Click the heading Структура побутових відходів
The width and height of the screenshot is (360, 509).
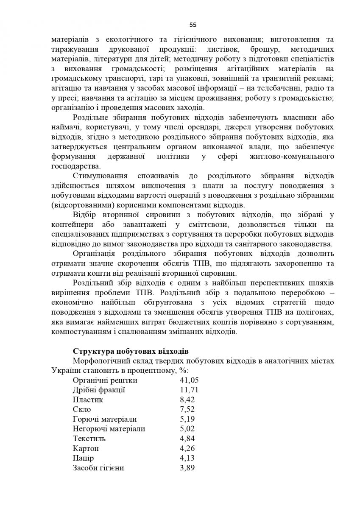click(131, 352)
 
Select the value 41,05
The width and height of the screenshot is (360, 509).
click(190, 380)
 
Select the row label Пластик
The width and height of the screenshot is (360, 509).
click(88, 400)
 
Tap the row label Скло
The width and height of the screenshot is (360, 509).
click(82, 409)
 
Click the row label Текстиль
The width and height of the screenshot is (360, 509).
click(89, 439)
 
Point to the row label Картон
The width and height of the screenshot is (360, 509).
click(86, 448)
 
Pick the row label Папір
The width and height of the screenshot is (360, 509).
click(84, 458)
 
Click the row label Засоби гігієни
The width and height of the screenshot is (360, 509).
click(99, 468)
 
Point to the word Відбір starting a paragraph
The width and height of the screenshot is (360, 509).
click(85, 215)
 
